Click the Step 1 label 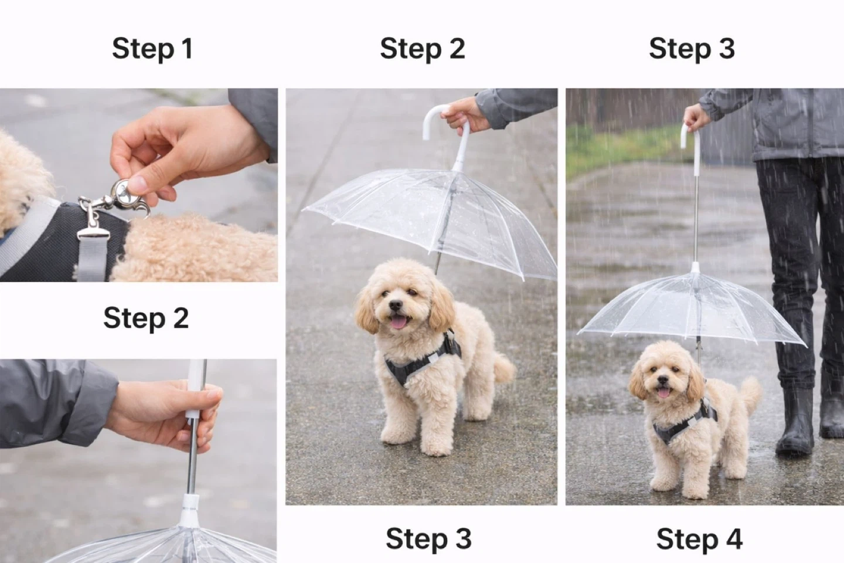[x=152, y=49]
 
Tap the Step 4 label [x=699, y=540]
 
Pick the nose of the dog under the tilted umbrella [x=395, y=305]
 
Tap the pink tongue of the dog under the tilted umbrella [x=399, y=323]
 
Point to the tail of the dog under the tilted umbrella [x=503, y=368]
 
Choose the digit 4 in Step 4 [x=734, y=539]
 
